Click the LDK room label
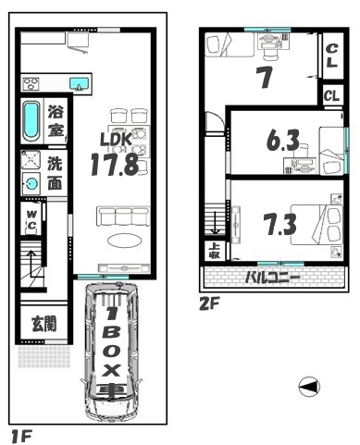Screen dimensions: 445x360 coord(116,141)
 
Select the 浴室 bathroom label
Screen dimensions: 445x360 coord(56,120)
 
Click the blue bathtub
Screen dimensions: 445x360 coord(31,119)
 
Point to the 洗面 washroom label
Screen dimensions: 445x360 coord(56,172)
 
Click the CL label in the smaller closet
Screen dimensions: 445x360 coord(331,95)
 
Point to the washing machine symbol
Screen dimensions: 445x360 coord(32,182)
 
